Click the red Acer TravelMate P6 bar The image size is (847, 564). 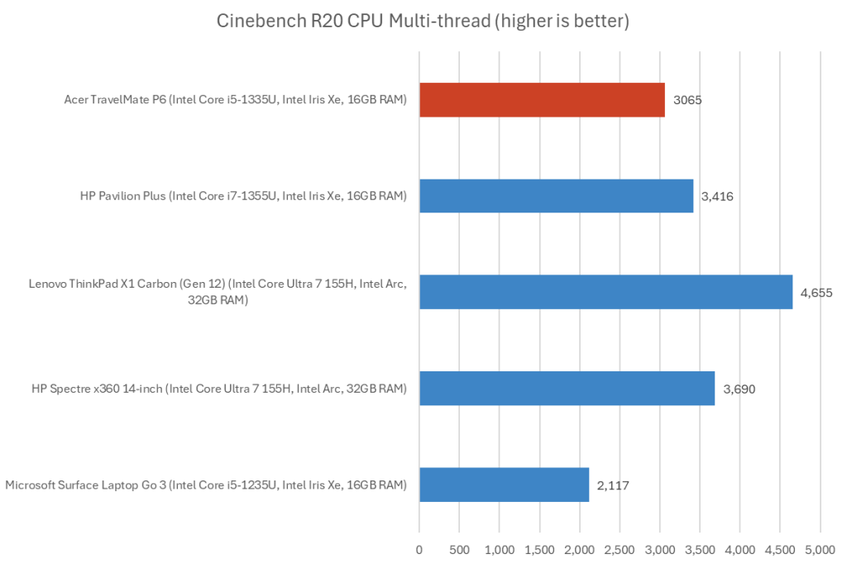click(x=542, y=99)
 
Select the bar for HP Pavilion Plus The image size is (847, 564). click(x=556, y=196)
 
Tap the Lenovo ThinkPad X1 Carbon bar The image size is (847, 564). click(x=605, y=292)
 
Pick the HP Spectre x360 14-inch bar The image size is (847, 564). click(x=567, y=388)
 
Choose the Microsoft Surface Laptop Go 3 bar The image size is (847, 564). click(x=504, y=485)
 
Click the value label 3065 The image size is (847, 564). click(x=686, y=100)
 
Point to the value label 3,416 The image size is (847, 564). click(x=716, y=196)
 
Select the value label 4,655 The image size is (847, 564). click(x=816, y=292)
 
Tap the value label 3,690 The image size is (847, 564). click(x=738, y=389)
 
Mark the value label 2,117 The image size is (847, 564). click(x=612, y=485)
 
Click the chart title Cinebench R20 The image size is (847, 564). click(x=423, y=22)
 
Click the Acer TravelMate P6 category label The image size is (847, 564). click(x=235, y=100)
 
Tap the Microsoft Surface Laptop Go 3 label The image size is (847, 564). click(x=206, y=485)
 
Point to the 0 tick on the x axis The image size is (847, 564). click(x=419, y=549)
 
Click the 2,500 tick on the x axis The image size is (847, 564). click(x=620, y=549)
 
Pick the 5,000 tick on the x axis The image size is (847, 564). click(x=820, y=549)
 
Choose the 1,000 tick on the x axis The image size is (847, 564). click(x=500, y=549)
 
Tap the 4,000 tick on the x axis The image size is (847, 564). click(x=739, y=549)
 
